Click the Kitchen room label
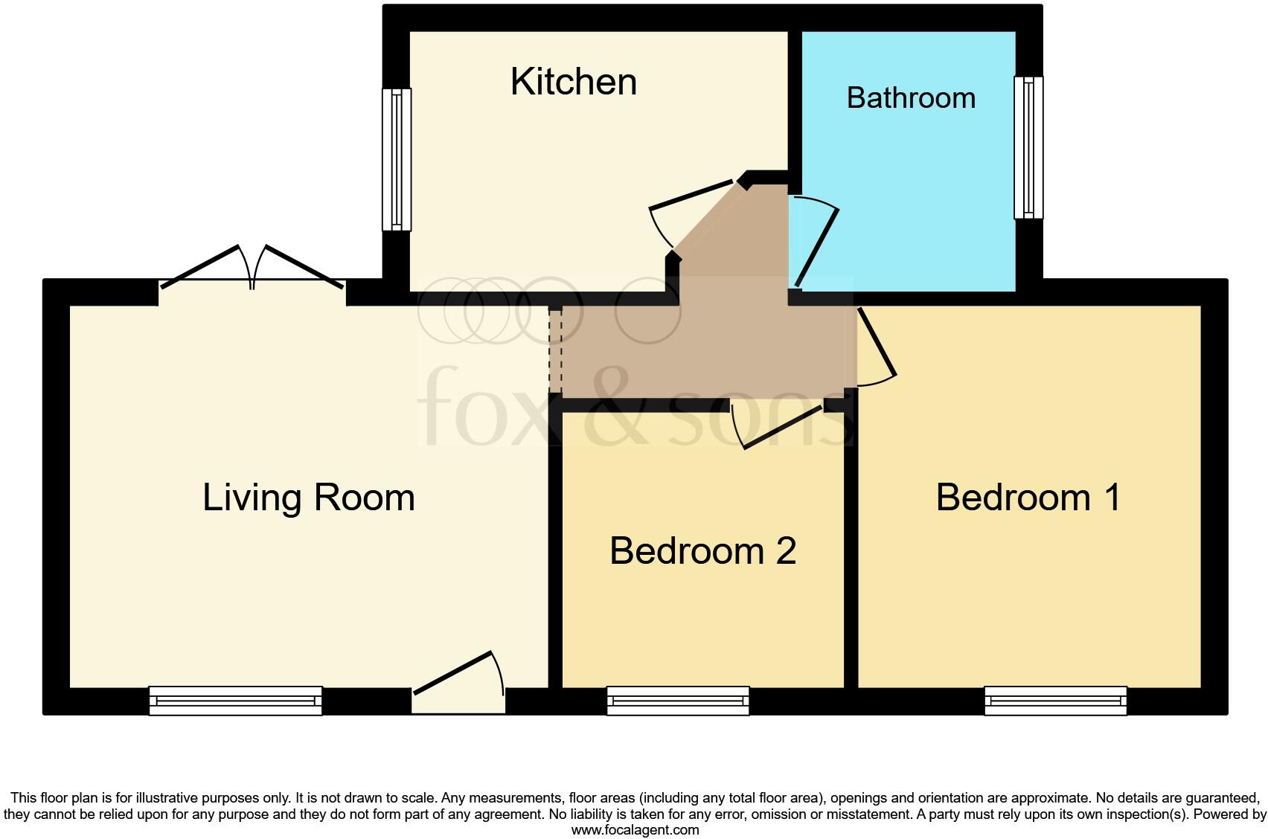point(574,82)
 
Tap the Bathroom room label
point(911,98)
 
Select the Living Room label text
point(308,498)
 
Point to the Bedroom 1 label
point(1028,498)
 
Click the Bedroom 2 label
point(702,551)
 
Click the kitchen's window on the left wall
point(397,159)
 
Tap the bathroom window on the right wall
point(1028,147)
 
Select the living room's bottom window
point(235,701)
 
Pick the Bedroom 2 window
point(678,701)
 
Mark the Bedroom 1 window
point(1055,701)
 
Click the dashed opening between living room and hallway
point(554,350)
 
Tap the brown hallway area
point(707,342)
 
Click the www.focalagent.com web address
point(635,830)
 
